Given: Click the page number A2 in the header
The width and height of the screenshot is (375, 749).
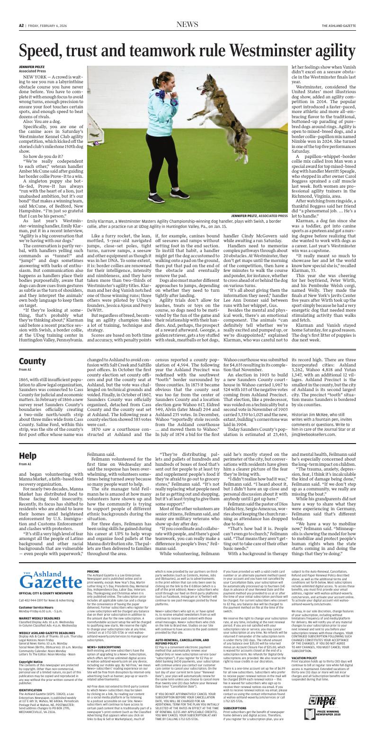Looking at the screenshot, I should pyautogui.click(x=21, y=26).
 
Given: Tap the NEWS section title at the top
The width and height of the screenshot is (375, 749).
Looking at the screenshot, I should pyautogui.click(x=187, y=25).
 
